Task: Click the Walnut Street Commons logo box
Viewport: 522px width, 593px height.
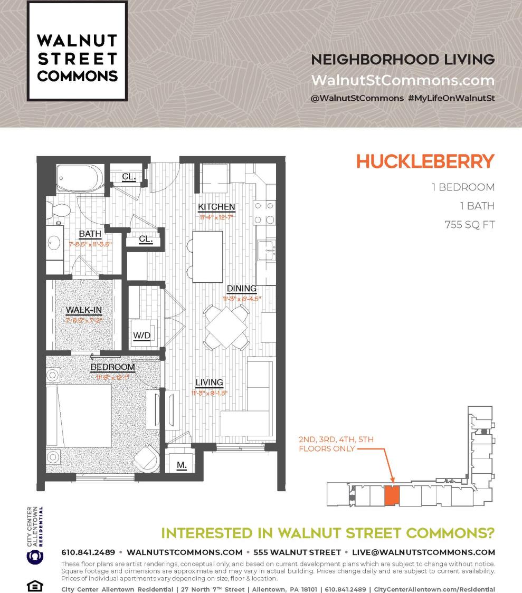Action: pyautogui.click(x=77, y=51)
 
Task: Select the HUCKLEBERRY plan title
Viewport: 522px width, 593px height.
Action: pyautogui.click(x=425, y=161)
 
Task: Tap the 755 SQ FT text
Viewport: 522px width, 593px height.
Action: pyautogui.click(x=469, y=225)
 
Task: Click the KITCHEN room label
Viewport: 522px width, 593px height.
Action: pyautogui.click(x=216, y=206)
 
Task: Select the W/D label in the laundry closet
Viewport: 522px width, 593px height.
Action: pyautogui.click(x=141, y=335)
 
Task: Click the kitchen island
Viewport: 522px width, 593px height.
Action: pyautogui.click(x=207, y=256)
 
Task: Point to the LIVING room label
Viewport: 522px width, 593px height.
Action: pyautogui.click(x=210, y=382)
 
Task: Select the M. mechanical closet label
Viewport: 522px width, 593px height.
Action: pyautogui.click(x=181, y=466)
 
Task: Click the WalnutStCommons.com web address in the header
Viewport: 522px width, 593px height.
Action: pyautogui.click(x=403, y=81)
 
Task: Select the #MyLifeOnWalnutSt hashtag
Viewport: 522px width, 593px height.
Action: pyautogui.click(x=451, y=99)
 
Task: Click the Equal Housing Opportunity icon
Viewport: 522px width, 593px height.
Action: pyautogui.click(x=33, y=586)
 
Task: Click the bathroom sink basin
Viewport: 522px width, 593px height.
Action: pyautogui.click(x=54, y=243)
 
